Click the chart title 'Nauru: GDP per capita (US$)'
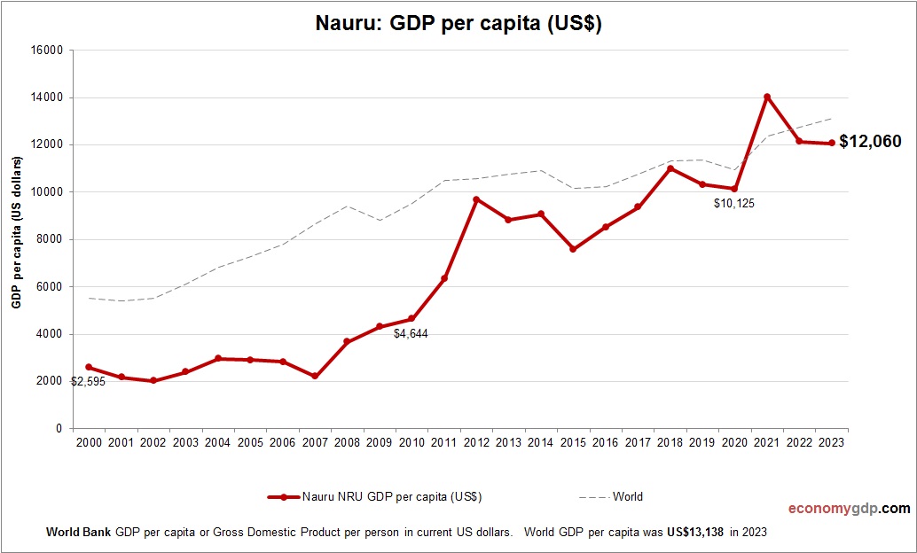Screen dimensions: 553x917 click(x=458, y=24)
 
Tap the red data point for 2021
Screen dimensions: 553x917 click(x=766, y=97)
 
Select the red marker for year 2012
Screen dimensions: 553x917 click(x=476, y=199)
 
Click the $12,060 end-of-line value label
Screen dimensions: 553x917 click(x=870, y=142)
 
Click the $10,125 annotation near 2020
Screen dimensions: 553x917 click(x=733, y=204)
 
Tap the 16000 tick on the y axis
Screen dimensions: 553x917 click(x=47, y=51)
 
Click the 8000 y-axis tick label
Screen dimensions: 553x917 click(x=50, y=239)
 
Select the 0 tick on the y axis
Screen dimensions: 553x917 click(x=59, y=429)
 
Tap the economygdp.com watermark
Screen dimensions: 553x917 click(x=849, y=509)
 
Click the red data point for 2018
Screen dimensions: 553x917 click(x=670, y=168)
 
